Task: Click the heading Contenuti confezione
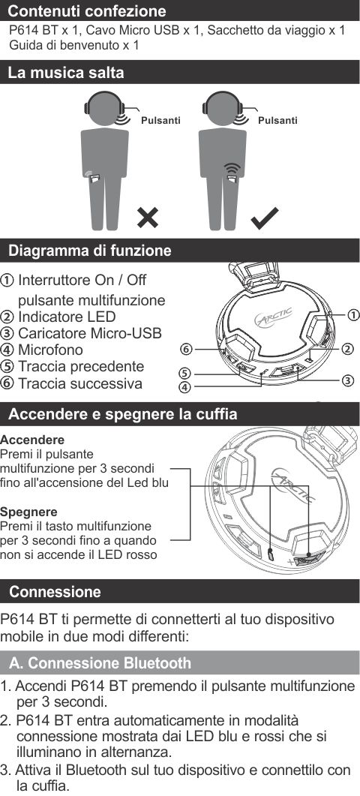click(x=87, y=11)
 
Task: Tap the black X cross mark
click(x=148, y=218)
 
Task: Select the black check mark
click(x=265, y=218)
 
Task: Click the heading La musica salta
click(x=66, y=73)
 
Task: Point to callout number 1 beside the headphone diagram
click(x=353, y=315)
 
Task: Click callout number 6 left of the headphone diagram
click(x=187, y=350)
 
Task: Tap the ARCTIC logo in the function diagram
click(x=273, y=318)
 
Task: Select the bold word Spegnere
click(x=29, y=511)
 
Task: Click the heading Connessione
click(x=55, y=592)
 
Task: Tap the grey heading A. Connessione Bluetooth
click(x=100, y=663)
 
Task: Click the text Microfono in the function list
click(x=50, y=350)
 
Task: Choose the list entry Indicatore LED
click(x=67, y=317)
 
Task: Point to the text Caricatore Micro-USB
click(x=90, y=333)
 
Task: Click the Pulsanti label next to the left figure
click(x=160, y=121)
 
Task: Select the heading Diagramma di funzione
click(x=91, y=251)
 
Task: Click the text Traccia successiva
click(x=80, y=383)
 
